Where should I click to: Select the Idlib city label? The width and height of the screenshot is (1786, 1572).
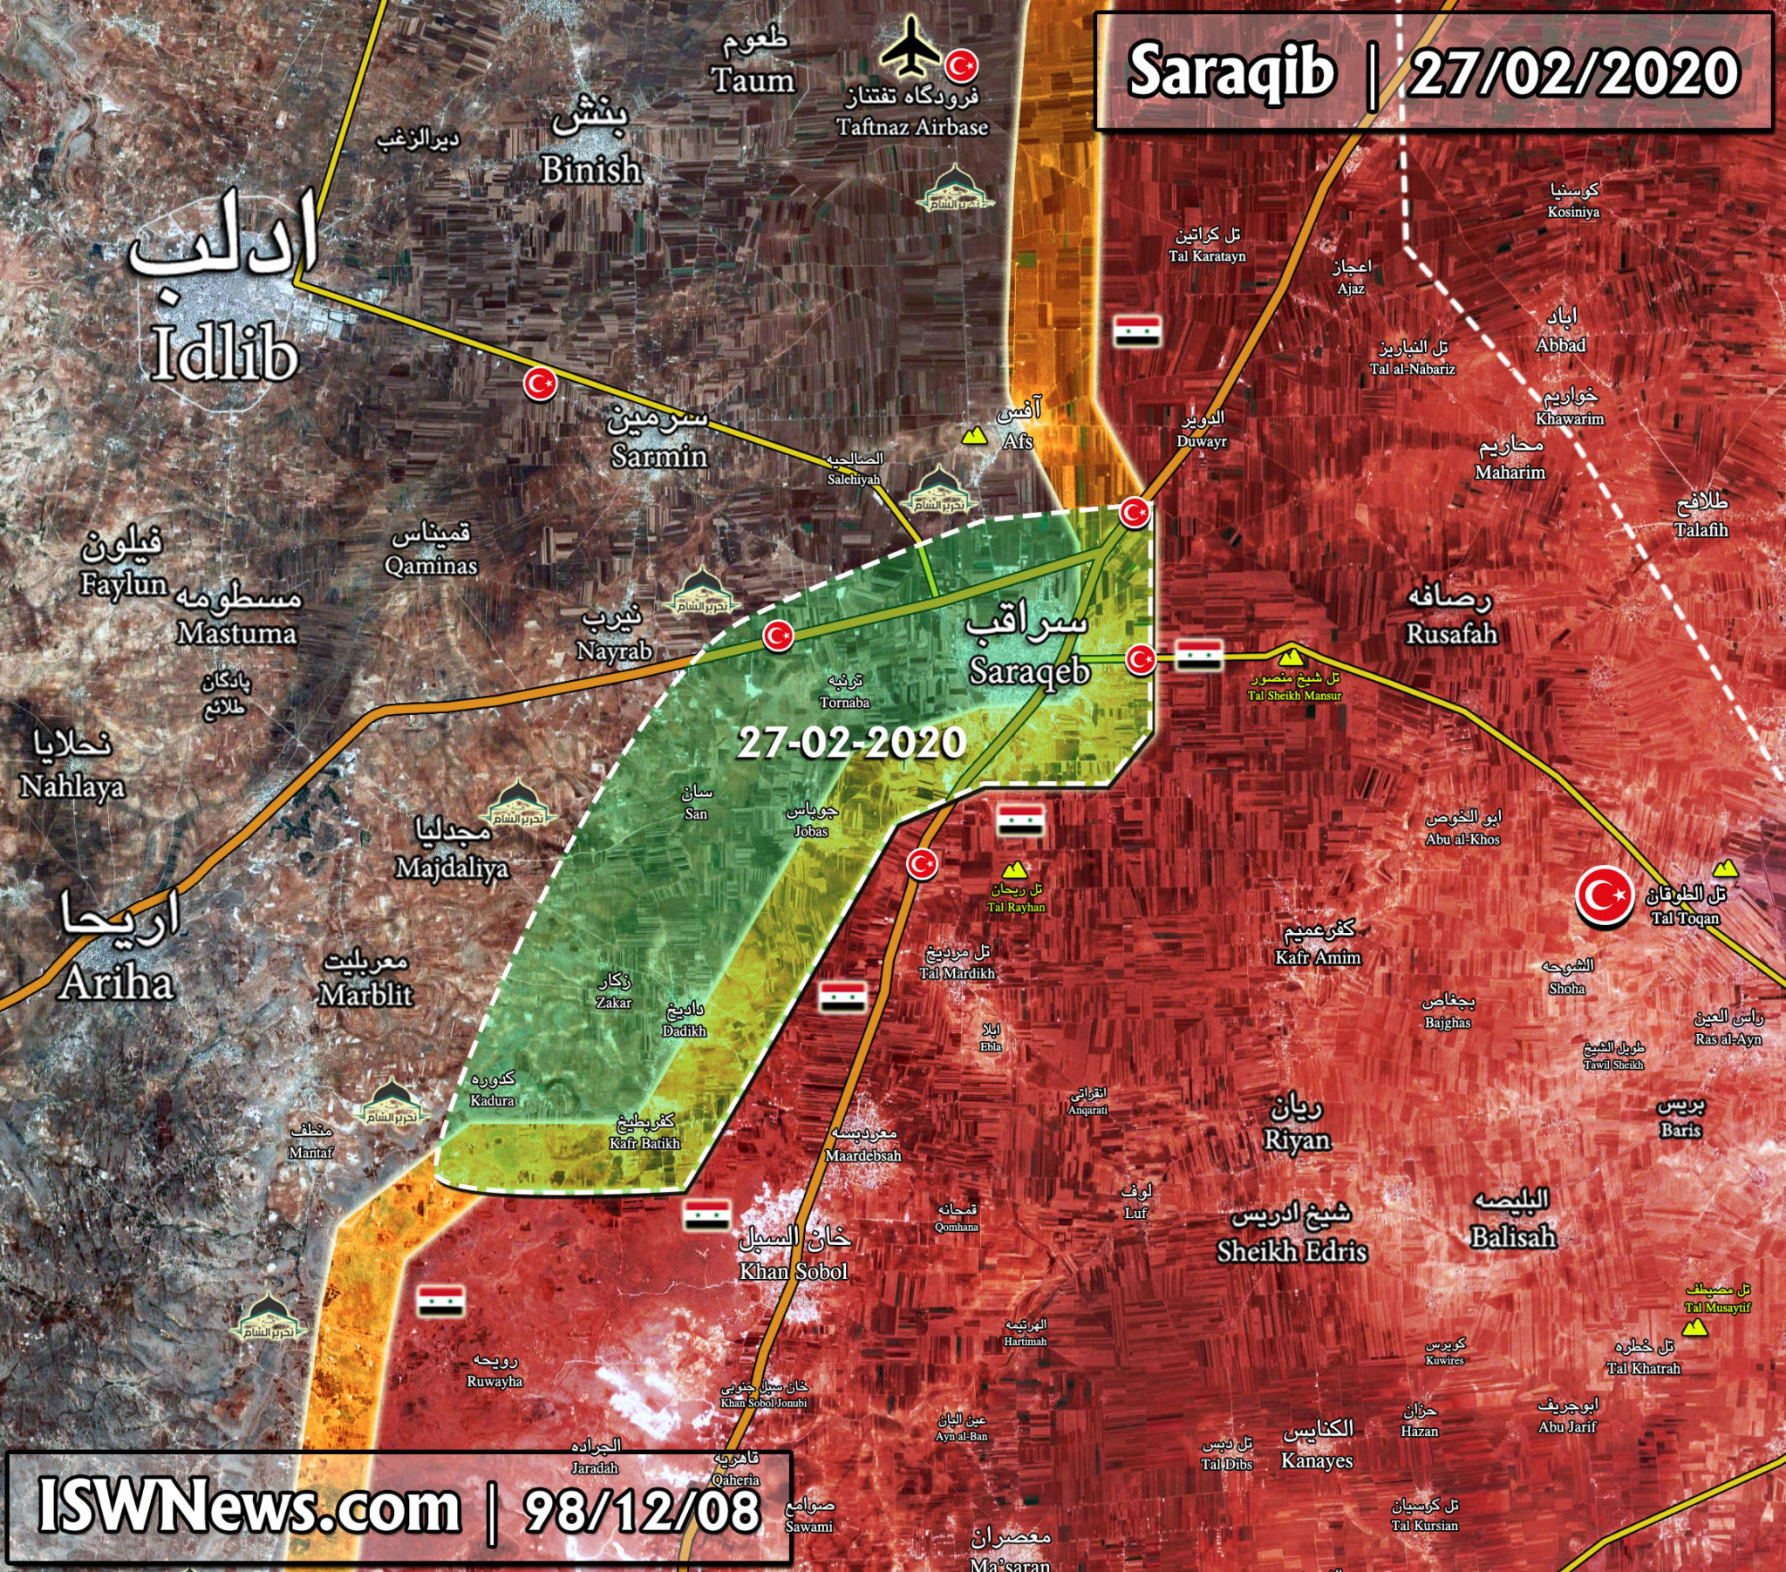225,355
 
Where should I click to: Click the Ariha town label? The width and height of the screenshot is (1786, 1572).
117,984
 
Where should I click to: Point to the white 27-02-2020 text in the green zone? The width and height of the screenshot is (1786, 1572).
851,744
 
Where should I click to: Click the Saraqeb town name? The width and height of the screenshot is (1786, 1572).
1030,670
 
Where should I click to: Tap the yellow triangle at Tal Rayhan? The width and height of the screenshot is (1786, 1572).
1013,870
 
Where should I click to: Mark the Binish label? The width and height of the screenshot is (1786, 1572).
590,169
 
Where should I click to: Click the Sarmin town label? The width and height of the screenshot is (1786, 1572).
659,455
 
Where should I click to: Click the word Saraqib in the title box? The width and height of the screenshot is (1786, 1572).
1232,72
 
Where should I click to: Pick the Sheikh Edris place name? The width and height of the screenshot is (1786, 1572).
1292,1251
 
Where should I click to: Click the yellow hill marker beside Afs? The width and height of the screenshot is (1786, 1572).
970,435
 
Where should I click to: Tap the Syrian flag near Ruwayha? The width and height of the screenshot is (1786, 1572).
440,1300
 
